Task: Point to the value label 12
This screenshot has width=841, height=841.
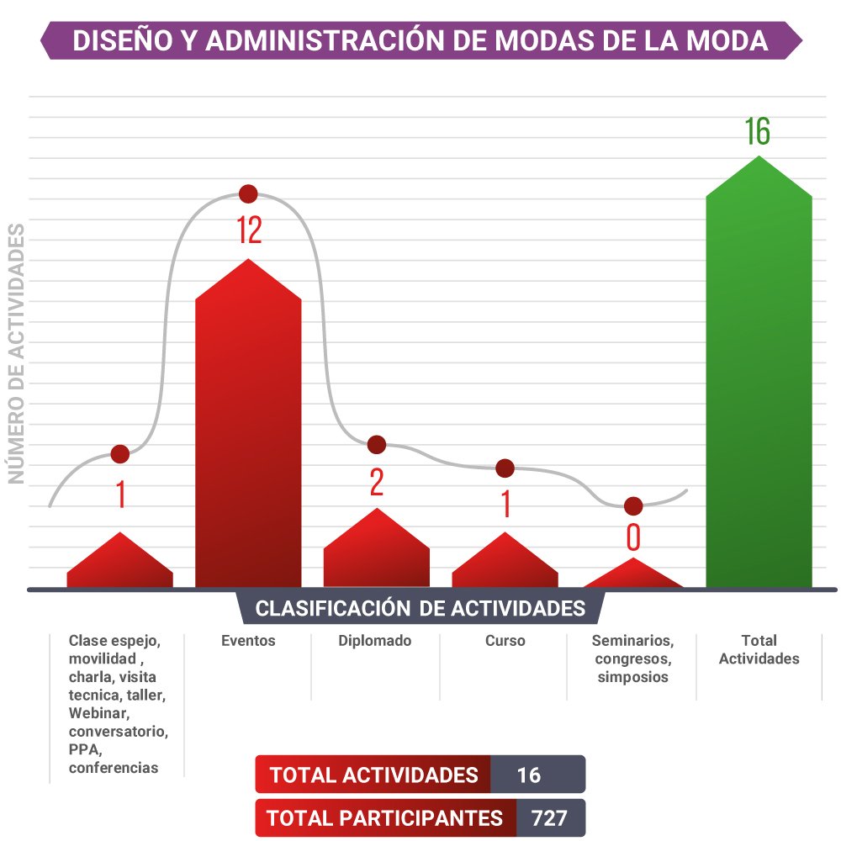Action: [x=249, y=230]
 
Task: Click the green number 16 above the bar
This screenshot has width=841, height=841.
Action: [x=757, y=132]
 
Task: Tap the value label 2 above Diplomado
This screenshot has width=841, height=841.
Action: [x=377, y=482]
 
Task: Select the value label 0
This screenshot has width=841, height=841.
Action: [x=633, y=537]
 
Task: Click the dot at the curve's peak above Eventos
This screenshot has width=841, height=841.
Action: [x=248, y=194]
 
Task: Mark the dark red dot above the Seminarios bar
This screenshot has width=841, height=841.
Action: [x=633, y=506]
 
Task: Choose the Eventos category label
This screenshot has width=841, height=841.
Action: [x=248, y=641]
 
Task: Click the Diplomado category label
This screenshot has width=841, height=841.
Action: [x=375, y=641]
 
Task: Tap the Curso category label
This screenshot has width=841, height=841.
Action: [x=505, y=641]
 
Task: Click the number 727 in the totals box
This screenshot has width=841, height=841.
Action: [x=549, y=817]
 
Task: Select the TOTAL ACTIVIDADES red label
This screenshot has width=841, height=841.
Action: [x=373, y=775]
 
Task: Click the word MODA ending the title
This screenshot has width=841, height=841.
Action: [x=728, y=41]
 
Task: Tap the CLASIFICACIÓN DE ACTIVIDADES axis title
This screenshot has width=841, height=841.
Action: [x=420, y=608]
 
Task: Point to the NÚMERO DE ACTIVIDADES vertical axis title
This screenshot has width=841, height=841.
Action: [x=16, y=353]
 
